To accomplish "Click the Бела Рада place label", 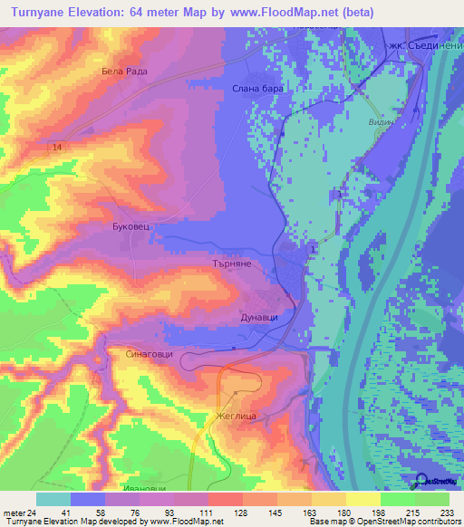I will (x=124, y=71).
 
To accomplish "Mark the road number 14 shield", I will (x=58, y=147).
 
